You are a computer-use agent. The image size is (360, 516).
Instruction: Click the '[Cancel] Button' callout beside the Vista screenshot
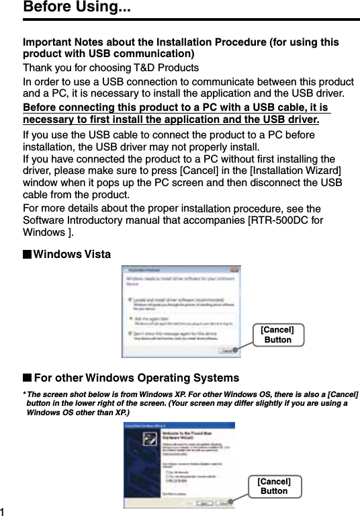[277, 335]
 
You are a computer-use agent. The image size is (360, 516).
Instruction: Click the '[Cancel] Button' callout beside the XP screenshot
[274, 486]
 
